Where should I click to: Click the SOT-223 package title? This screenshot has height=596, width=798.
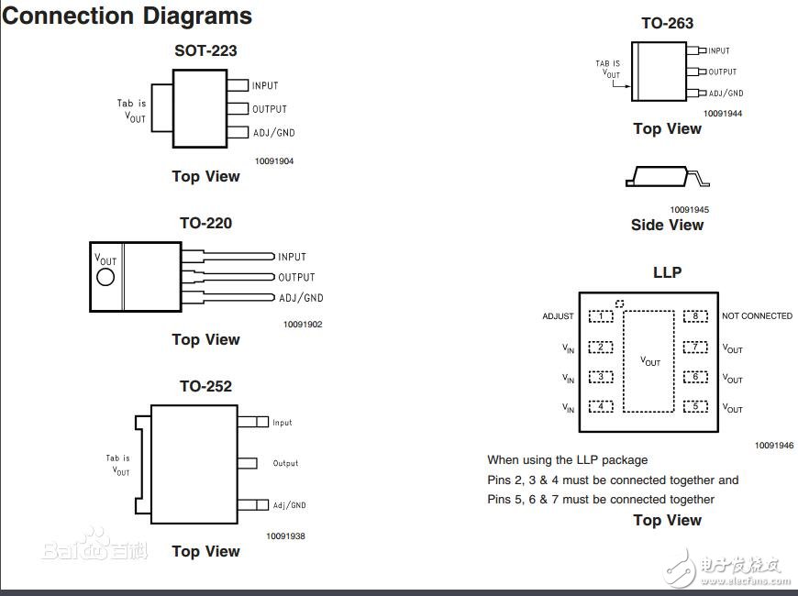[x=205, y=50]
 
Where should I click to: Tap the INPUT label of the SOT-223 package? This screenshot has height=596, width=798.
[x=265, y=86]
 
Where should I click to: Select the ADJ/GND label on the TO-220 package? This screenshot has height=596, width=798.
[x=301, y=298]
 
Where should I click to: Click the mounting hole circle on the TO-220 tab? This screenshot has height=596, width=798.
[x=105, y=276]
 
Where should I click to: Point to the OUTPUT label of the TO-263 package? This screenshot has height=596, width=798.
[x=723, y=72]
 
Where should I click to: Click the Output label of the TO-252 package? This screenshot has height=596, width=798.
[x=285, y=464]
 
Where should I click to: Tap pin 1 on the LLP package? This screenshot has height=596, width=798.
[x=601, y=316]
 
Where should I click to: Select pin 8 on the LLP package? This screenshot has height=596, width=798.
[x=696, y=316]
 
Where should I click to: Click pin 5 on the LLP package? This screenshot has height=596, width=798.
[x=696, y=406]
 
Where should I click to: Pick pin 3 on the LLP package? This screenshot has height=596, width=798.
[x=601, y=377]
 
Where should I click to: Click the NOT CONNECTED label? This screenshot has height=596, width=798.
[x=757, y=316]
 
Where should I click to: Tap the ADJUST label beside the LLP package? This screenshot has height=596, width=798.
[x=558, y=316]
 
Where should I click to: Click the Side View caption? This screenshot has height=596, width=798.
[x=667, y=226]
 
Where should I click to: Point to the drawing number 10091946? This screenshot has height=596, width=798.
[x=774, y=446]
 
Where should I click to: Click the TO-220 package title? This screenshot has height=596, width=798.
[x=205, y=223]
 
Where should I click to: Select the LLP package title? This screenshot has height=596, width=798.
[x=667, y=272]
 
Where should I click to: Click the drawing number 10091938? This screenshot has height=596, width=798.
[x=286, y=535]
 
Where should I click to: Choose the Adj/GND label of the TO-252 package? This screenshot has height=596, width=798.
[x=289, y=505]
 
